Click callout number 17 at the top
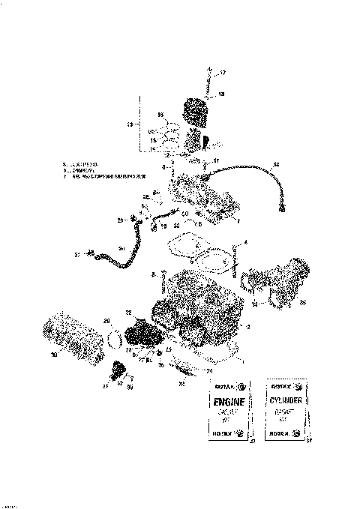pyautogui.click(x=222, y=72)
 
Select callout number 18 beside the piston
pyautogui.click(x=221, y=94)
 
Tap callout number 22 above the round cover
pyautogui.click(x=129, y=312)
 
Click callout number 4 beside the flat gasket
pyautogui.click(x=244, y=244)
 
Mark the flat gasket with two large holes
pyautogui.click(x=199, y=253)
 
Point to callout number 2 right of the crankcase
pyautogui.click(x=250, y=327)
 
